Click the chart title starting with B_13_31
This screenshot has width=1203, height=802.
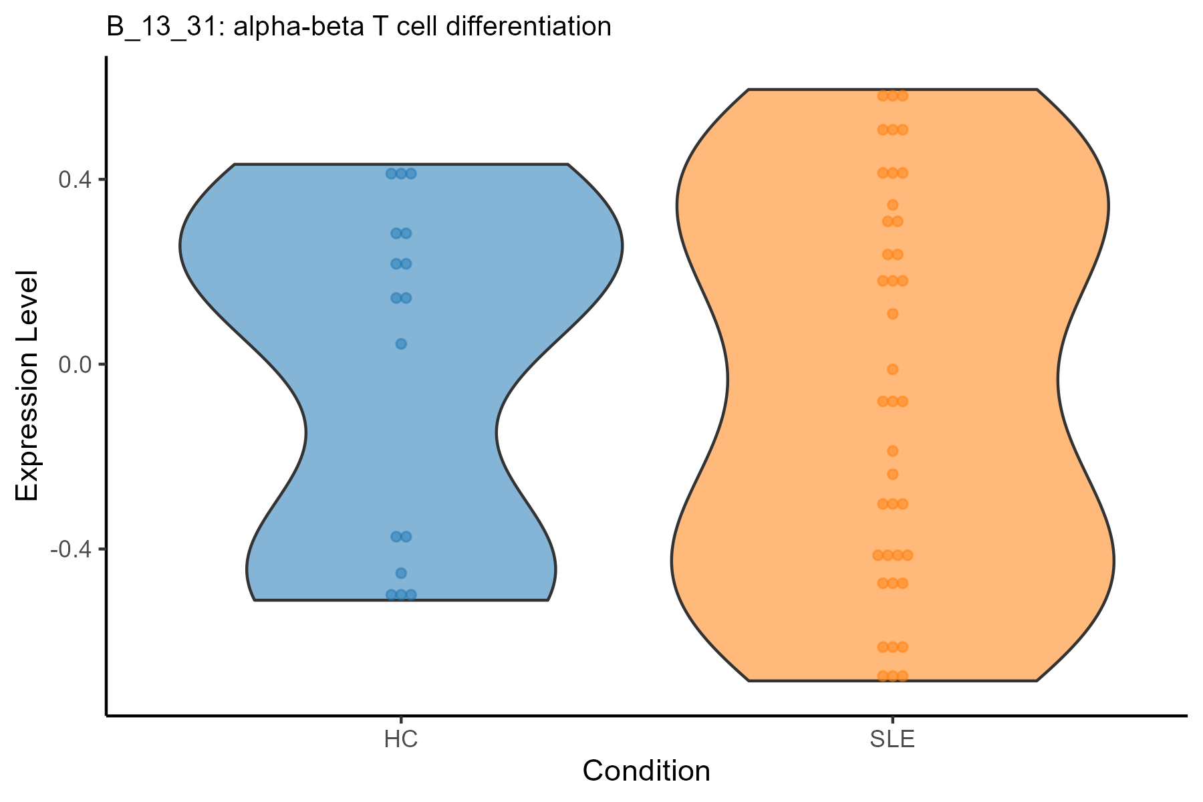pos(359,27)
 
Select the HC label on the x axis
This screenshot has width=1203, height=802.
pos(401,741)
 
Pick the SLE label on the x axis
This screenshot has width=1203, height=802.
pos(892,741)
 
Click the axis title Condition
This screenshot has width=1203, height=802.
pos(646,771)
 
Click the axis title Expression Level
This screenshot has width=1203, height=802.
pos(28,386)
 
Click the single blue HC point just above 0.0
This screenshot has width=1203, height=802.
pos(401,344)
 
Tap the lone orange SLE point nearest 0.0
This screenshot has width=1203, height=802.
pos(892,369)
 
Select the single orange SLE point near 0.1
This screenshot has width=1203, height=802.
pos(892,313)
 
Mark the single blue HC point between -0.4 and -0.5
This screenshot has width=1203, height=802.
pos(401,573)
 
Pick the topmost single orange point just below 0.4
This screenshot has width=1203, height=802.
pos(892,205)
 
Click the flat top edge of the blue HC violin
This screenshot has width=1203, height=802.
pos(401,164)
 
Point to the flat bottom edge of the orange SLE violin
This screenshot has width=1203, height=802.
pos(892,680)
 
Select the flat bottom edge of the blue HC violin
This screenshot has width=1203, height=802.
pos(401,600)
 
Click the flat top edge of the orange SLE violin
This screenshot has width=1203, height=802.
pos(892,89)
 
